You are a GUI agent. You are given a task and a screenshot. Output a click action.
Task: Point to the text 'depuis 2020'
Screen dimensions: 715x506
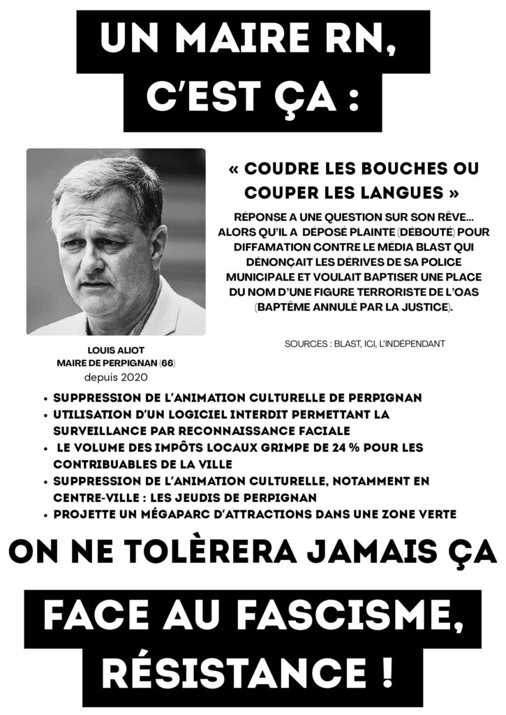[116, 376]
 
